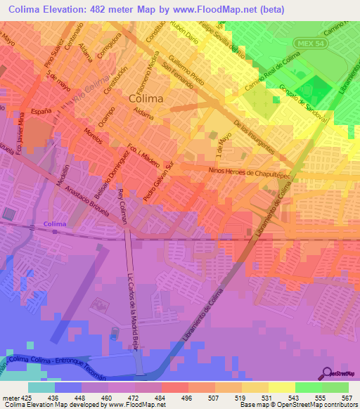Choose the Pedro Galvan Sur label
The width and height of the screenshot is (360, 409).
(158, 183)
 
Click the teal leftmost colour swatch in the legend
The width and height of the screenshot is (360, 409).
(41, 387)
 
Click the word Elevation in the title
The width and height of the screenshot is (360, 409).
(70, 8)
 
